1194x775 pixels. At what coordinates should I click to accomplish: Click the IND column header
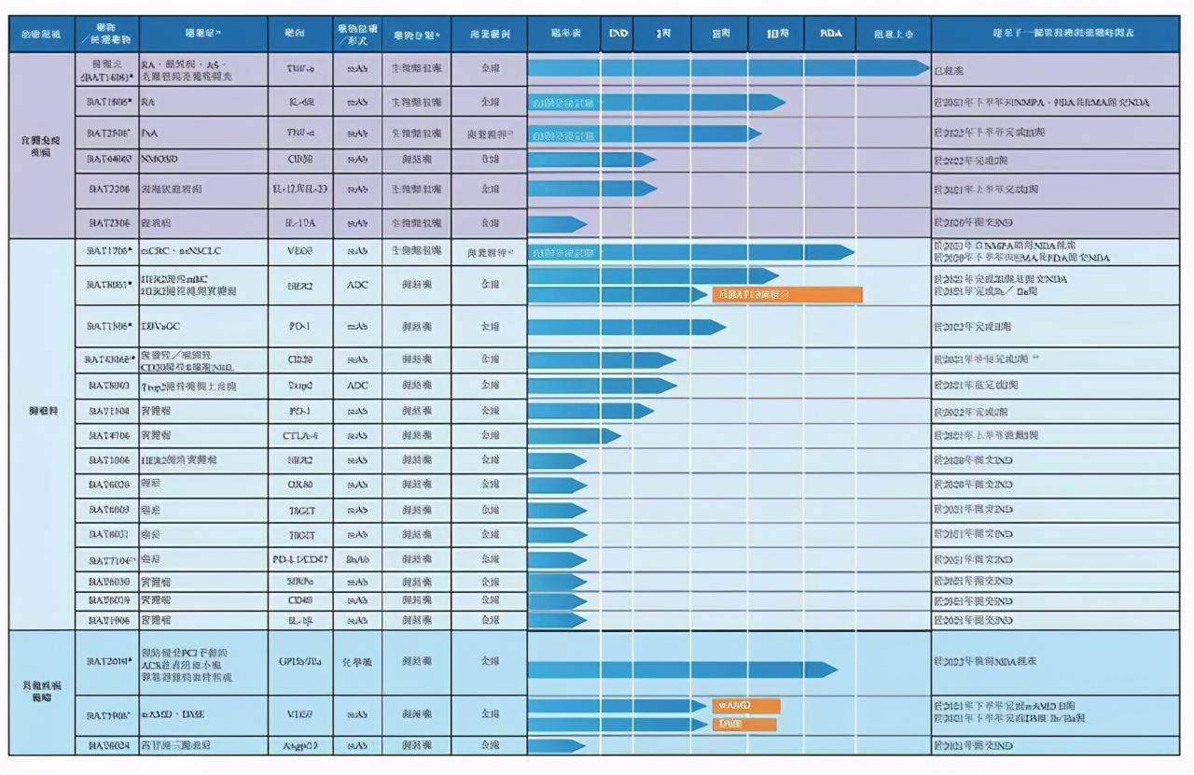618,34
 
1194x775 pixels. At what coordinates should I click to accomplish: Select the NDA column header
830,34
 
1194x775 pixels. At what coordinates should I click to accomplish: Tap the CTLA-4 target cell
299,436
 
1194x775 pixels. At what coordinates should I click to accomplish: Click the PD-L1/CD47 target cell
299,559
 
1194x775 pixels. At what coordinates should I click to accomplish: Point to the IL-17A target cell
299,224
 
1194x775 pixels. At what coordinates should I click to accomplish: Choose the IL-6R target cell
299,102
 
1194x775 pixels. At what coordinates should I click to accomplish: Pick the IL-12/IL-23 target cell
299,190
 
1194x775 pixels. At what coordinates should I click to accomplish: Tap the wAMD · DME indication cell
168,714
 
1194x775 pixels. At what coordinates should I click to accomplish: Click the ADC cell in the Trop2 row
357,386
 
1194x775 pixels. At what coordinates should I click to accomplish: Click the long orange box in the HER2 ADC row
786,295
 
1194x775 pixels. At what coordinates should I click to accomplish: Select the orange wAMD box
745,706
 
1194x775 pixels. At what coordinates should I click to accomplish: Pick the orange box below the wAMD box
743,724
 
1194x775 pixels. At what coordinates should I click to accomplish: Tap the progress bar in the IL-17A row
557,224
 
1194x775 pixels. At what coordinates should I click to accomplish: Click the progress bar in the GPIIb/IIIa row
681,669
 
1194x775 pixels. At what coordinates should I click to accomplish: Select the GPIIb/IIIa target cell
299,661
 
